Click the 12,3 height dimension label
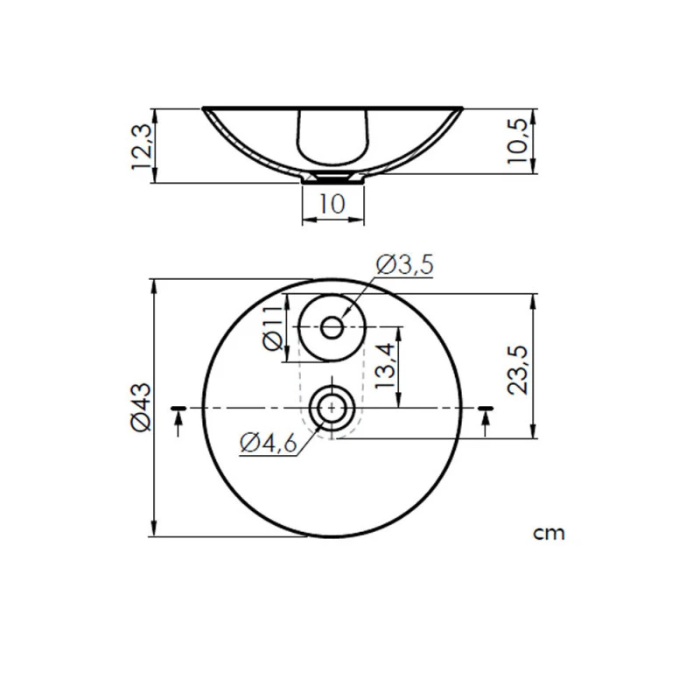click(142, 146)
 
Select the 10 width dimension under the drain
click(332, 204)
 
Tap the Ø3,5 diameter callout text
click(405, 264)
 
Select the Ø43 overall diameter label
click(142, 408)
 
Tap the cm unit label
click(549, 532)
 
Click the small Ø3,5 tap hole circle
click(332, 327)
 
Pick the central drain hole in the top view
click(332, 408)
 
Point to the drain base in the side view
click(332, 178)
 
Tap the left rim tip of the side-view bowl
click(205, 109)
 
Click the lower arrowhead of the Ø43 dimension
click(155, 531)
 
